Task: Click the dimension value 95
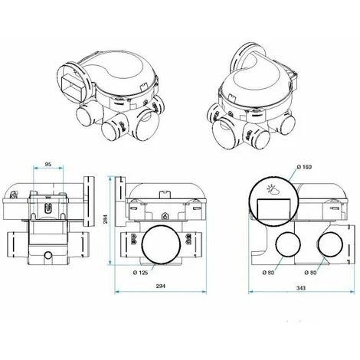(x=47, y=163)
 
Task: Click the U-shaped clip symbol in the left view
(x=47, y=207)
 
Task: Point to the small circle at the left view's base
(x=47, y=255)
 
